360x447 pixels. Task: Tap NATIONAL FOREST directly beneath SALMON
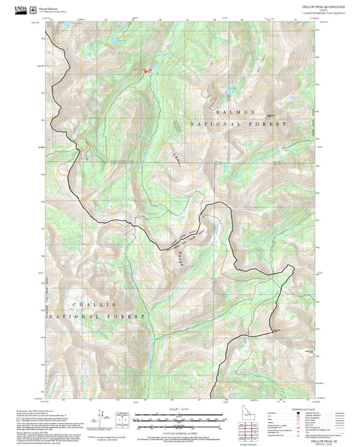click(238, 125)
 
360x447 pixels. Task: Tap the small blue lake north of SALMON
click(230, 89)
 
